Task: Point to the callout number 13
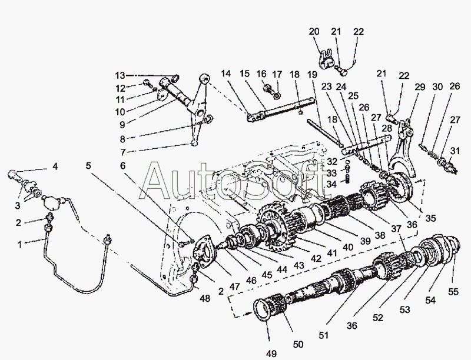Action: tap(120, 75)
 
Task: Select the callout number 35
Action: tap(432, 218)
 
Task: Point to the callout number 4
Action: tap(55, 167)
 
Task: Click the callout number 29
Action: tap(419, 87)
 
